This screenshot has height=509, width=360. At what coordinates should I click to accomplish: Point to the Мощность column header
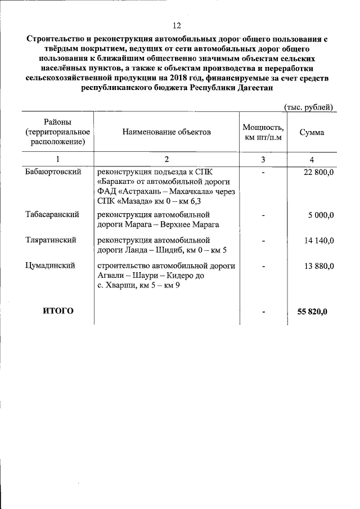pos(263,127)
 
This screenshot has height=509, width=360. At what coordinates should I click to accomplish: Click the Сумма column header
pos(311,132)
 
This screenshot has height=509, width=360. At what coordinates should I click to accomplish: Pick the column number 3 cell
pos(263,160)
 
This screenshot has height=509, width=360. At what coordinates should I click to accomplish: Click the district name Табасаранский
pos(52,214)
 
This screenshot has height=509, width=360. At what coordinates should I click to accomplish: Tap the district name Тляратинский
pos(51,240)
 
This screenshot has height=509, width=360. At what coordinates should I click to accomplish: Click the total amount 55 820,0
pos(316,312)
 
